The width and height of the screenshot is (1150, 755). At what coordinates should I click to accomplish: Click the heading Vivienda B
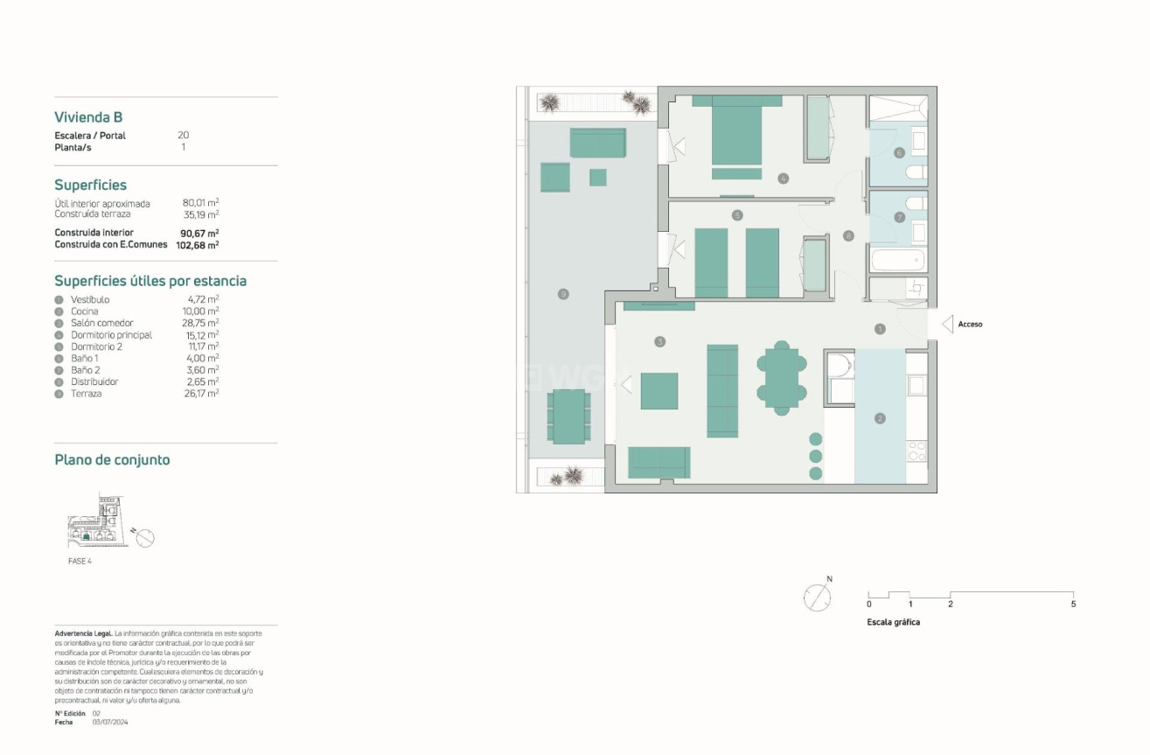pos(88,117)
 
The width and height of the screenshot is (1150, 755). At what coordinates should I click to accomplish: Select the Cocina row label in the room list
pos(85,311)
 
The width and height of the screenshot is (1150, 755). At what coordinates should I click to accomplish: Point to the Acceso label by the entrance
pos(970,325)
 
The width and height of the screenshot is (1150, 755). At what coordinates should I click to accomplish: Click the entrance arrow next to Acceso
pos(946,325)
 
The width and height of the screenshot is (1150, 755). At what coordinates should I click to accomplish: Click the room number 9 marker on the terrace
pos(563,294)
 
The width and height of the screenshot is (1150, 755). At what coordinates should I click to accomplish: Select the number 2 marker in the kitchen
pos(880,419)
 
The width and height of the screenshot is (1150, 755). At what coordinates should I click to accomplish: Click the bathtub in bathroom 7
pos(896,260)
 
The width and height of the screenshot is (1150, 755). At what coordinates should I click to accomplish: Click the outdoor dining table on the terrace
pos(568,416)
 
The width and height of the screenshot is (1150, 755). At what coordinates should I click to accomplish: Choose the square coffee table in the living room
pos(659,391)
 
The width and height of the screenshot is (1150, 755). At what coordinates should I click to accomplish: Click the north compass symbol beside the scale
pos(817,598)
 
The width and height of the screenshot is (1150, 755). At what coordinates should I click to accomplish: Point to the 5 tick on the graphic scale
pos(1073,604)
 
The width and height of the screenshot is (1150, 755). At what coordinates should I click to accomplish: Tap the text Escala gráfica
pos(893,623)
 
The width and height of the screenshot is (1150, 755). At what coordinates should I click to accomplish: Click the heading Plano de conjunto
pos(112,460)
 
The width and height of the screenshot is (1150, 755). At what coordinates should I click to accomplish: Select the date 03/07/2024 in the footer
pos(110,722)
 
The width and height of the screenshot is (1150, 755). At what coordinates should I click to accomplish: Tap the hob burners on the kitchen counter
pos(917,451)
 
